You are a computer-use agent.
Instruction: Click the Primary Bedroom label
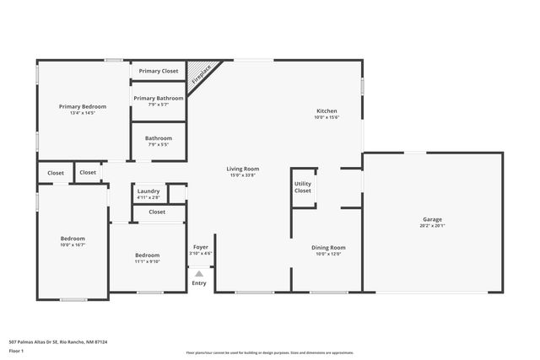coord(82,106)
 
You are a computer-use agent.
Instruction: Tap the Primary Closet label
coord(159,72)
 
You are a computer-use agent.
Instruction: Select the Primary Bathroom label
coord(159,98)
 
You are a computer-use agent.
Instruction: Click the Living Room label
coord(242,169)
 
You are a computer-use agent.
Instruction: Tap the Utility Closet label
coord(302,186)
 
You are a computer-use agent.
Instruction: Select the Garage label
coord(432,219)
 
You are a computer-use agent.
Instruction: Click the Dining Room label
coord(328,247)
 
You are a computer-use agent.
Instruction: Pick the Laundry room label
coord(148,191)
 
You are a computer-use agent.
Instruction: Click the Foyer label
coord(200,247)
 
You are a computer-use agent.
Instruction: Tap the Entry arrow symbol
coord(199,273)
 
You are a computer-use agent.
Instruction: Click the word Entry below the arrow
coord(199,283)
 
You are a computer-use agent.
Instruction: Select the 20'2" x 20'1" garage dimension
coord(432,226)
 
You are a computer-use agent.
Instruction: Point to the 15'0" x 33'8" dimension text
coord(242,175)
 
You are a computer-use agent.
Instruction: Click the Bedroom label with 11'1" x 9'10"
coord(148,255)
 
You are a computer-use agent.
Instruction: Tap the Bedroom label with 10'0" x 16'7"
coord(73,239)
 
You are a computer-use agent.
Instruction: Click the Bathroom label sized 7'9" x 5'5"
coord(159,138)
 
